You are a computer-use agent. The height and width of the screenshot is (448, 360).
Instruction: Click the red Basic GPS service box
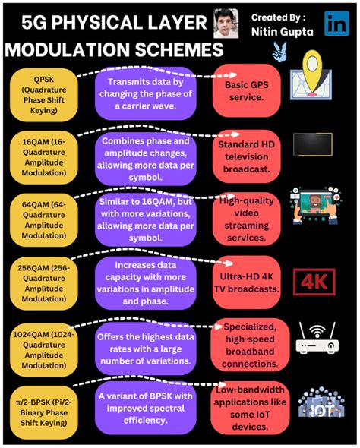tap(247, 93)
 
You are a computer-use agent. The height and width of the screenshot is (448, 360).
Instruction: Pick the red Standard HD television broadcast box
tap(247, 156)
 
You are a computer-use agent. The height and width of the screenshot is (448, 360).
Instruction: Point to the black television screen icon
tap(312, 144)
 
